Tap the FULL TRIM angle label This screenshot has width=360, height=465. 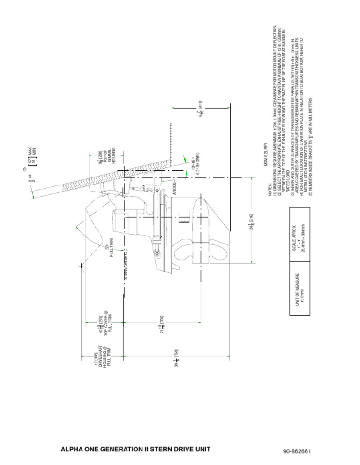[109, 247]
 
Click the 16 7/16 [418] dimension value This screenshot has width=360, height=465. [200, 109]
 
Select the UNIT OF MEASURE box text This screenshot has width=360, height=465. [300, 294]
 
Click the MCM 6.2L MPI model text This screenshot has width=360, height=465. [265, 155]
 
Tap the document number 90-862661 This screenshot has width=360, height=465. [297, 451]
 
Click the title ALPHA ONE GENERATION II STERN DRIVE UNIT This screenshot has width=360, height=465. [135, 450]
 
